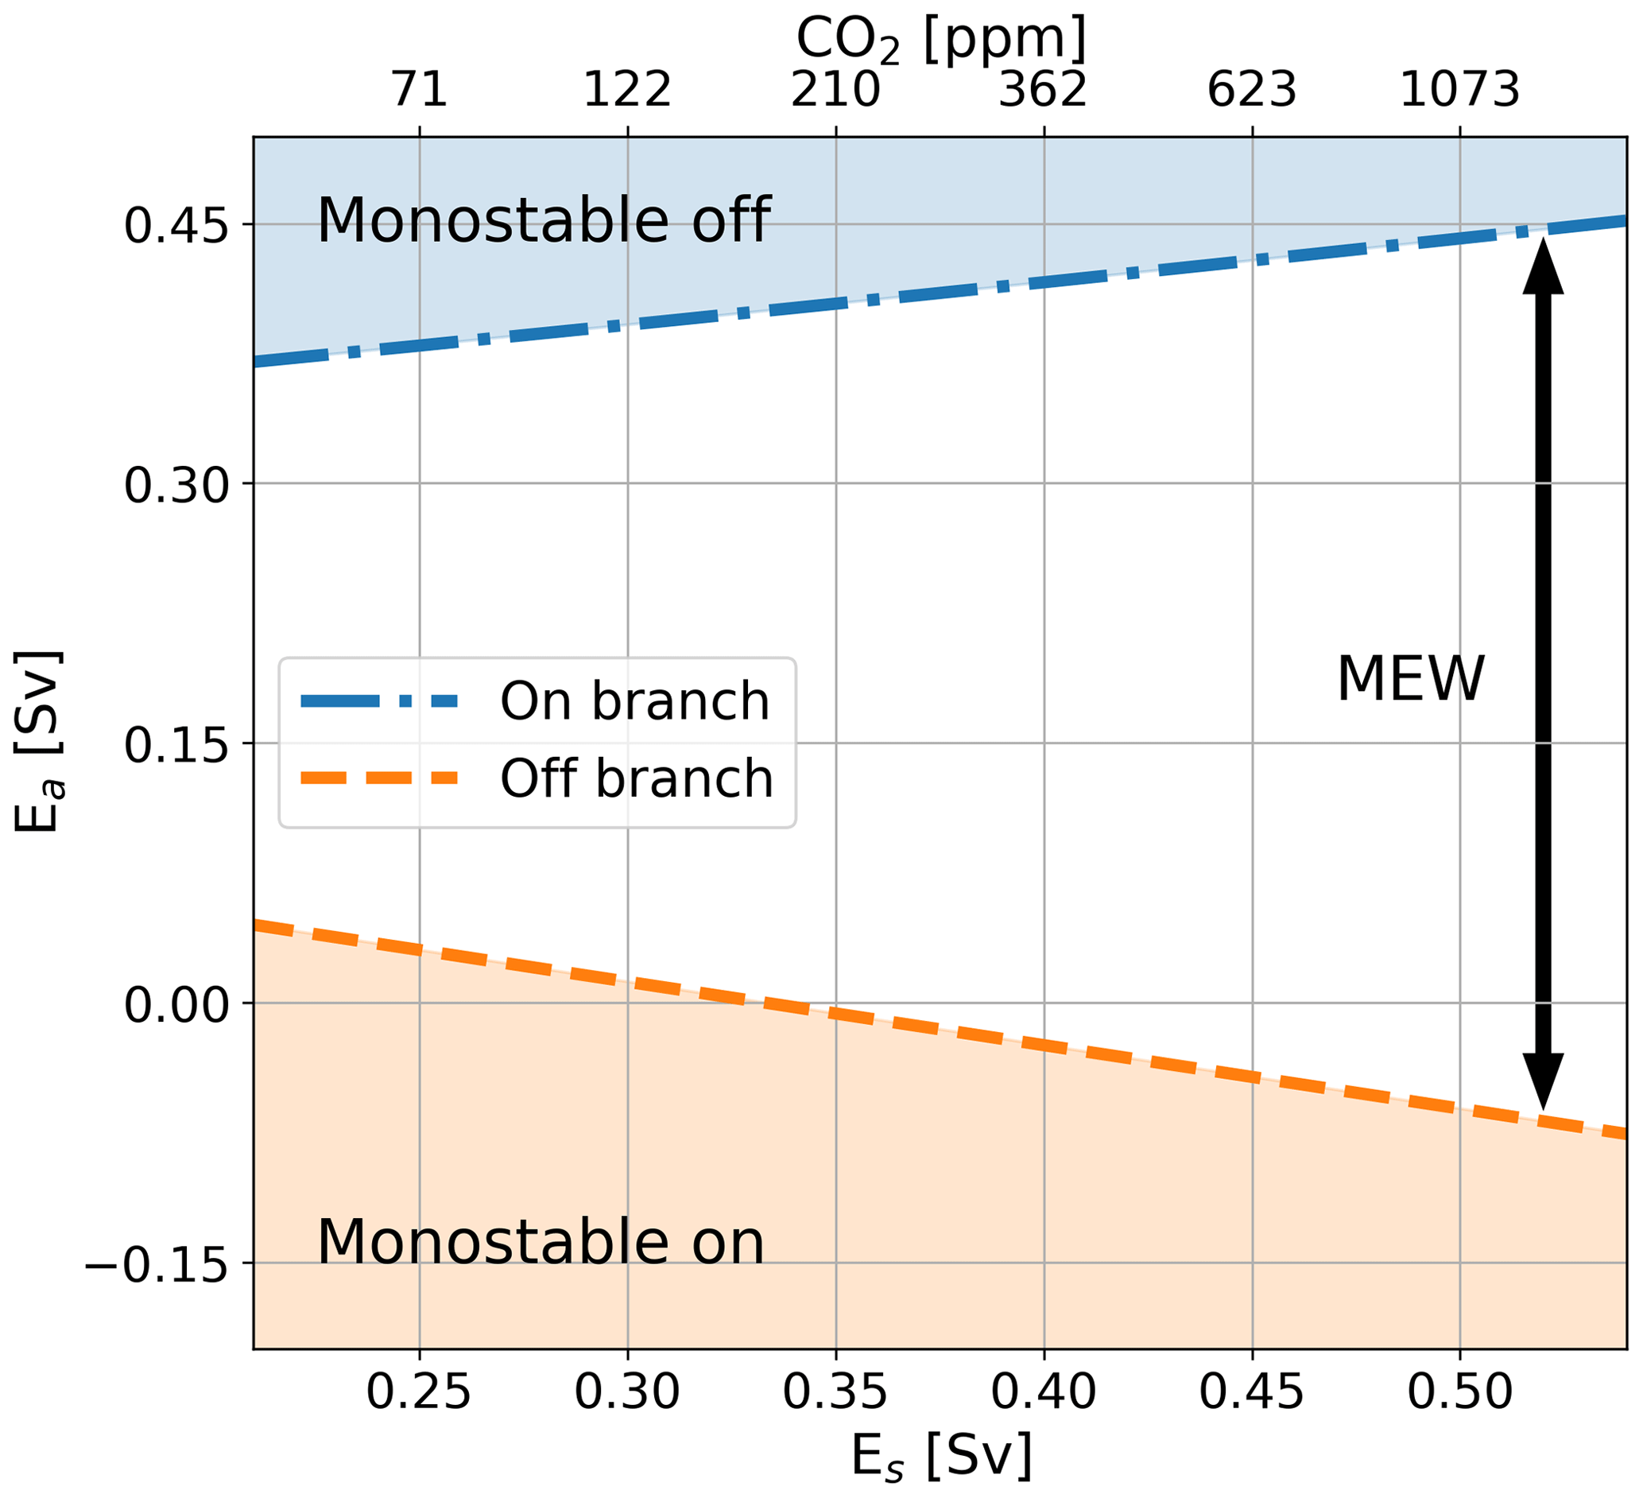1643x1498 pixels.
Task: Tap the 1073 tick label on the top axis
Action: tap(1459, 90)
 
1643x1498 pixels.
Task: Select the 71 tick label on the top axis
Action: tap(420, 90)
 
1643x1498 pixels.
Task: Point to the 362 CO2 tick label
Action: tap(1043, 90)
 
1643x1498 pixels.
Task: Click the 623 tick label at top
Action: tap(1252, 90)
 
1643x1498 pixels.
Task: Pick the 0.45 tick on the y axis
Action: tap(175, 225)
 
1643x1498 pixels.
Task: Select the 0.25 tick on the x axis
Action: tap(419, 1392)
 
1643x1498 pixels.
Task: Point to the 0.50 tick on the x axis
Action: tap(1459, 1392)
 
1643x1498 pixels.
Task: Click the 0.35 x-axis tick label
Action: tap(835, 1392)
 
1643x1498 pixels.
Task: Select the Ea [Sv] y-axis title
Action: tap(39, 742)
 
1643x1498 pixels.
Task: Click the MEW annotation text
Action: tap(1411, 680)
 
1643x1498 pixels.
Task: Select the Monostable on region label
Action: tap(541, 1243)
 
